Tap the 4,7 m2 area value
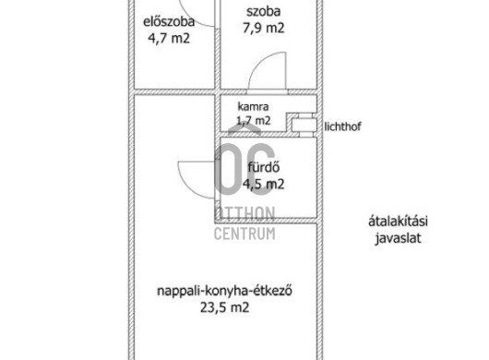(x=168, y=40)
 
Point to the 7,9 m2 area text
(x=264, y=29)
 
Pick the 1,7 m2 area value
(x=254, y=120)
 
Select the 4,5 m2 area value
(x=263, y=184)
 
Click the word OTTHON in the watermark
(x=244, y=215)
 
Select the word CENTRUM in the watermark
(x=244, y=234)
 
